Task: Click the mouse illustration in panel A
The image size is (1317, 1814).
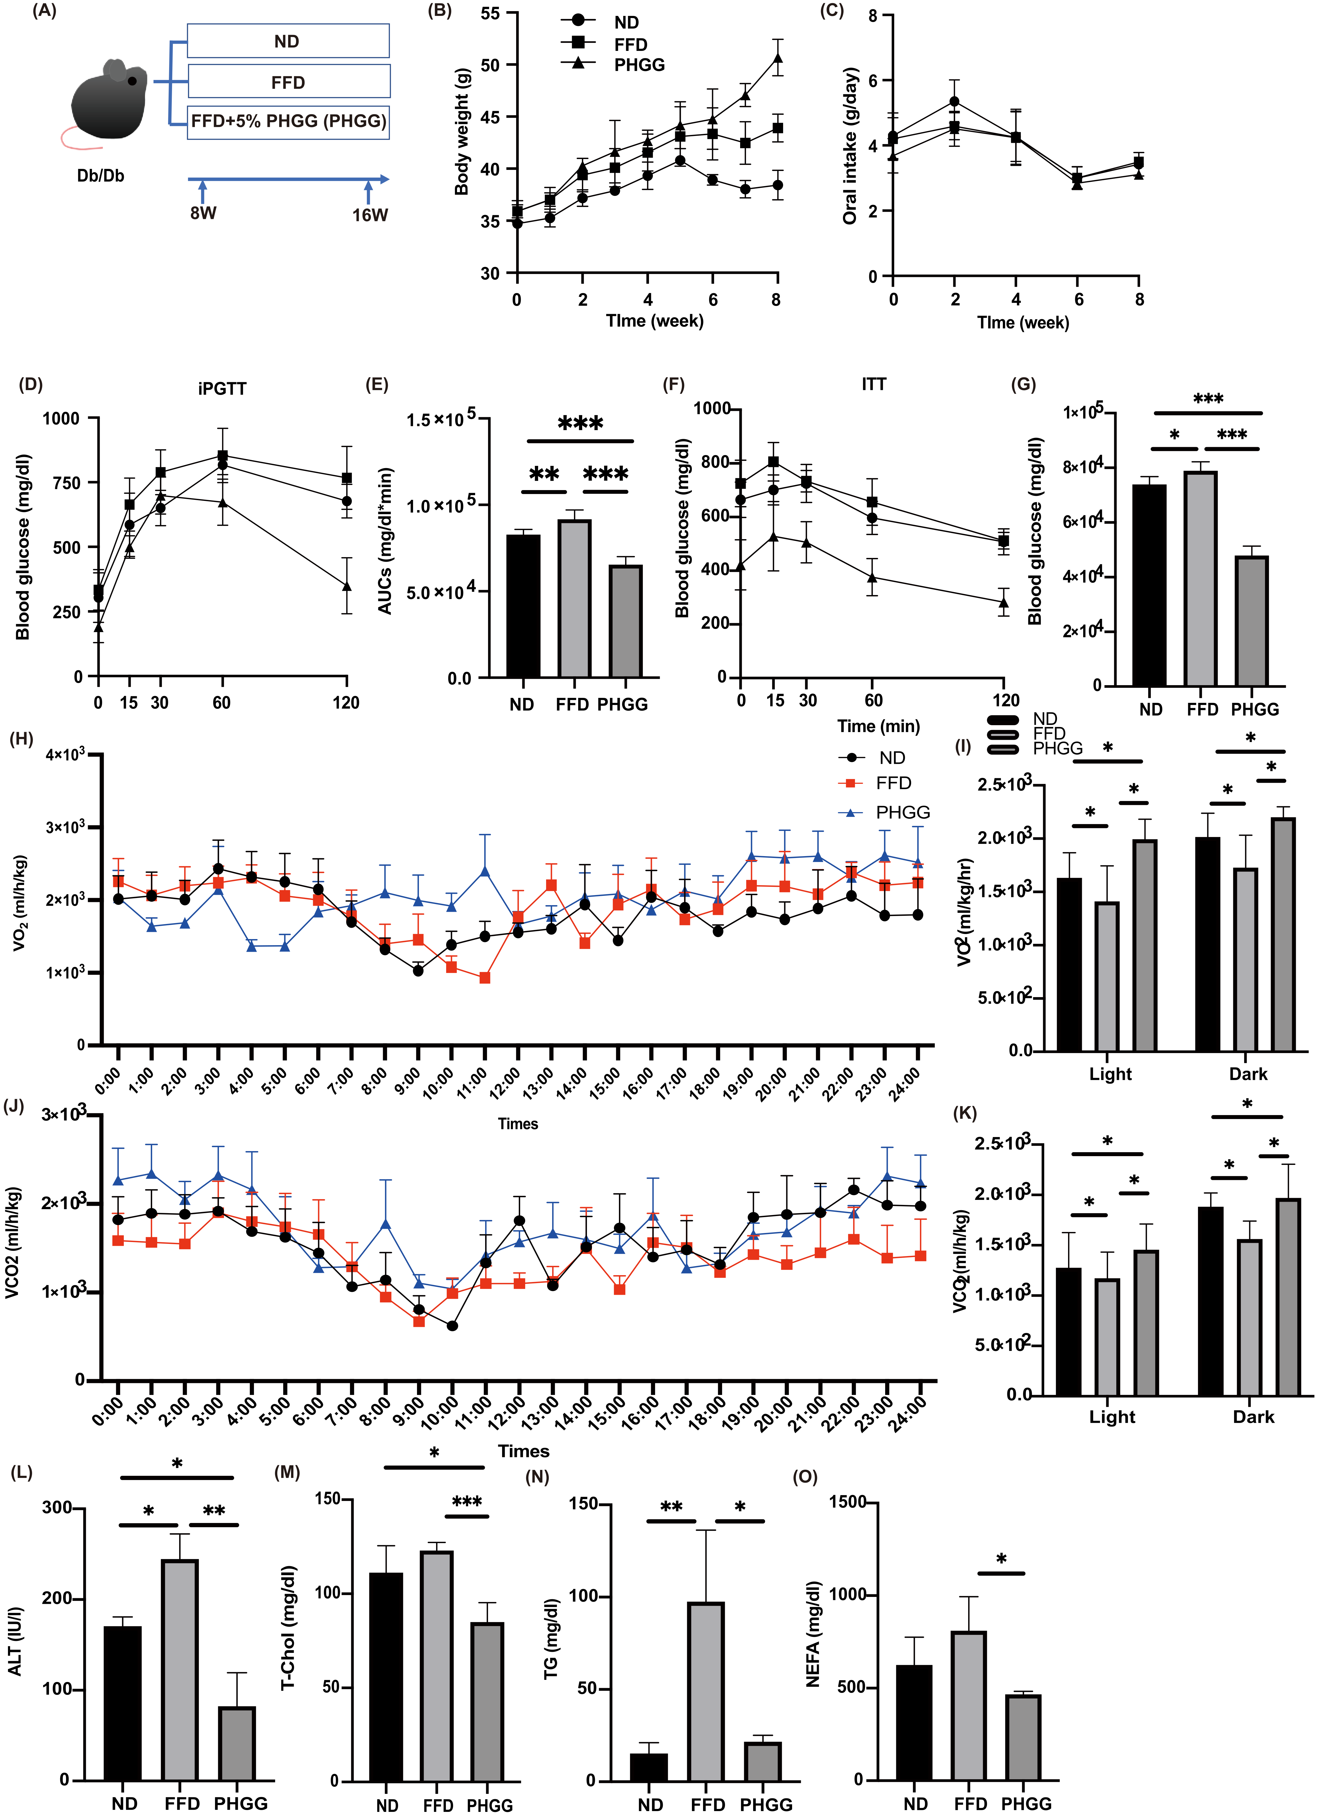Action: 108,100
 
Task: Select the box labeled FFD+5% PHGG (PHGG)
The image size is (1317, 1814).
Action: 288,122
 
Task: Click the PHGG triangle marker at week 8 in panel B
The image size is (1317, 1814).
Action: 777,58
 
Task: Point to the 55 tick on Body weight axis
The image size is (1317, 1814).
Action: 490,14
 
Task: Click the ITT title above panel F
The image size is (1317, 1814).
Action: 874,385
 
